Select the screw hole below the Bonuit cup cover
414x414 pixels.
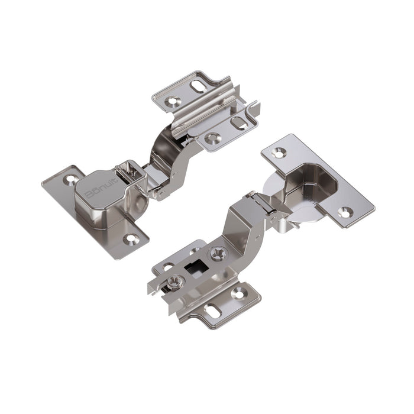131,239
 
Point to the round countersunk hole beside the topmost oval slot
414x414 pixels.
173,101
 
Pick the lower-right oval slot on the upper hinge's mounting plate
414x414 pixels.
239,123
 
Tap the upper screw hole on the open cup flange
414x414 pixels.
277,153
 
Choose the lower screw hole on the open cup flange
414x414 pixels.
345,211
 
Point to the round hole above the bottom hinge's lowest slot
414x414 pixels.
238,292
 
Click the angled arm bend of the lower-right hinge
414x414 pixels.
242,222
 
